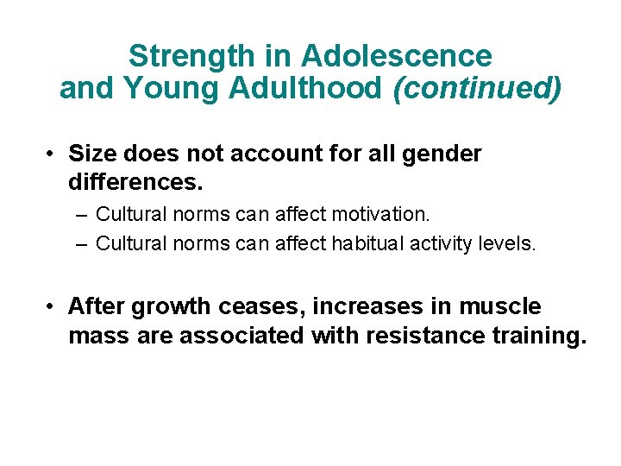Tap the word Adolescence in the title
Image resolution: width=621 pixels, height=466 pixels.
pos(397,57)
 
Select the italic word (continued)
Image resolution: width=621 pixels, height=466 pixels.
pos(477,88)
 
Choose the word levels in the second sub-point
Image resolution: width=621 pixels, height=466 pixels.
pos(511,244)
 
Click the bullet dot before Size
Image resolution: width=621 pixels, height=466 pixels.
pos(53,155)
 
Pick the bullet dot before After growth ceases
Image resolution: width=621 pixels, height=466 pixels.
pos(53,307)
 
